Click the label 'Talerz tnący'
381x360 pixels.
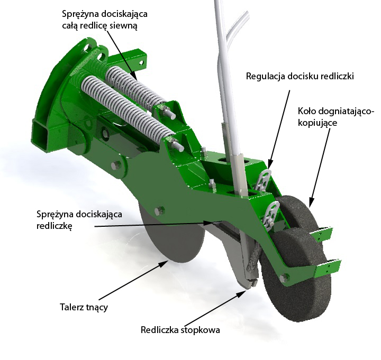(x=84, y=307)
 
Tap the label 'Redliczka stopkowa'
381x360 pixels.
(x=180, y=330)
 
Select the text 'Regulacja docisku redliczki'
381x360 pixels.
(x=300, y=76)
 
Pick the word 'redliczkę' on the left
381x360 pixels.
(x=55, y=226)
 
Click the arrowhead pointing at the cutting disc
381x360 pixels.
(x=164, y=264)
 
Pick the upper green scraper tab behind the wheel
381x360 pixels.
(x=321, y=233)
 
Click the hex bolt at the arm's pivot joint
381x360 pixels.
(x=116, y=165)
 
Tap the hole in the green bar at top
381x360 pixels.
(x=141, y=62)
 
